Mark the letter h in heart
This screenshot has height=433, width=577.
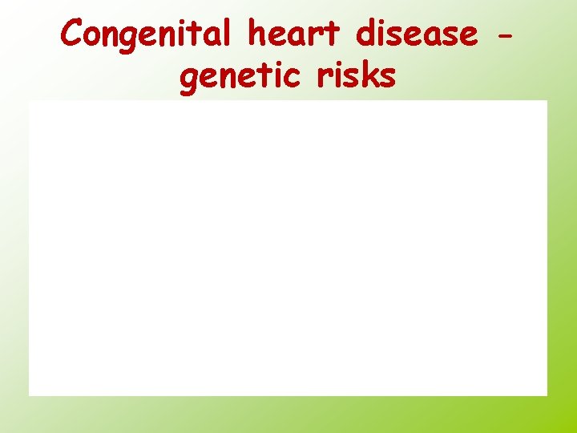(259, 34)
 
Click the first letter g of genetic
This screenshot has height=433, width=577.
(191, 80)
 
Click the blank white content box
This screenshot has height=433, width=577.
(288, 248)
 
